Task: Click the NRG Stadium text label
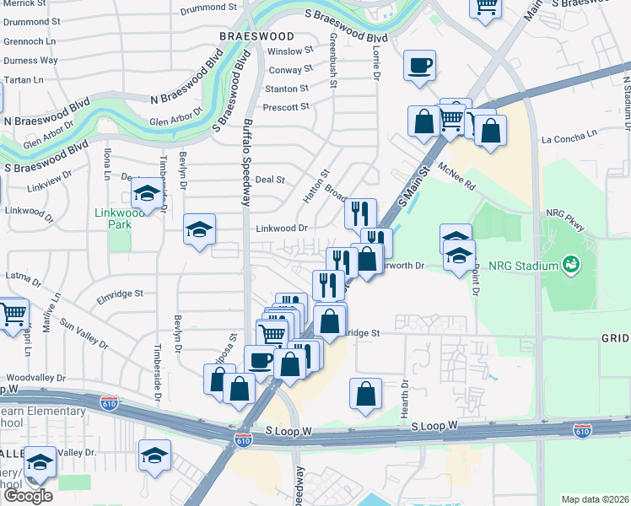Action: tap(526, 266)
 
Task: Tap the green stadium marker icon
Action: tap(572, 265)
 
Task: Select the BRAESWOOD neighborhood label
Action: tap(256, 36)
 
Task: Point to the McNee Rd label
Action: tap(457, 175)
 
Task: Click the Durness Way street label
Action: tap(30, 61)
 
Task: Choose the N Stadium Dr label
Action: tap(627, 102)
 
